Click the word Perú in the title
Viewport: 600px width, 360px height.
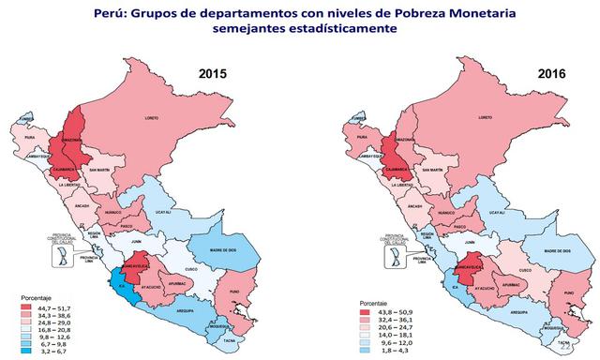coord(135,12)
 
